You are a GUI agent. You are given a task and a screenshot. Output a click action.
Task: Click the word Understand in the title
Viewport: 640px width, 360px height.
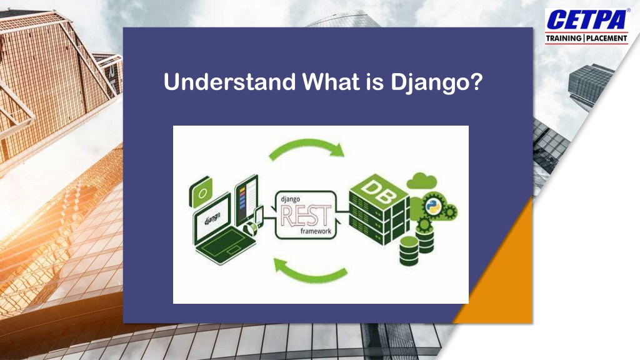[229, 81]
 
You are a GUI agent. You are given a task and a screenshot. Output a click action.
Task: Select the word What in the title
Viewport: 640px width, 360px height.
[331, 81]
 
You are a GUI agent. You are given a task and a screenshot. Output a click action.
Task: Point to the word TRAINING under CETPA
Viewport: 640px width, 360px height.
[564, 38]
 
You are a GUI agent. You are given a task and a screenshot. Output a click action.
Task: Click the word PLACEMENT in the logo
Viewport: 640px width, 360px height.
[606, 38]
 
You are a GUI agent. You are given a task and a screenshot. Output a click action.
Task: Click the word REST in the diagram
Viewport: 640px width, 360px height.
[306, 216]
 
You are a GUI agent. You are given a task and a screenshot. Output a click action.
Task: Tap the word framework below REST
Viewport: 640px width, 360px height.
[316, 231]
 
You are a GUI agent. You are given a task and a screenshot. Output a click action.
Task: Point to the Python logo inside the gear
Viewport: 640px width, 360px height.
[432, 206]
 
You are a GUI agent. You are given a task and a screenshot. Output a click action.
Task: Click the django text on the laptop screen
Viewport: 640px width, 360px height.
[212, 218]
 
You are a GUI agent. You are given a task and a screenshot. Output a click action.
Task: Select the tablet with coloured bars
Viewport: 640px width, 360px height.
[246, 200]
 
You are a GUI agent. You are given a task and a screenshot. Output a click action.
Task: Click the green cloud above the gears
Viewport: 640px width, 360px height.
[422, 181]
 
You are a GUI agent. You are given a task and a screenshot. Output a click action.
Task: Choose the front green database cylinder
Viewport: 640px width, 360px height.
[409, 251]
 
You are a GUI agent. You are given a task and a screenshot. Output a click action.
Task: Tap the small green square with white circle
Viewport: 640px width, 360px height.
[201, 191]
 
